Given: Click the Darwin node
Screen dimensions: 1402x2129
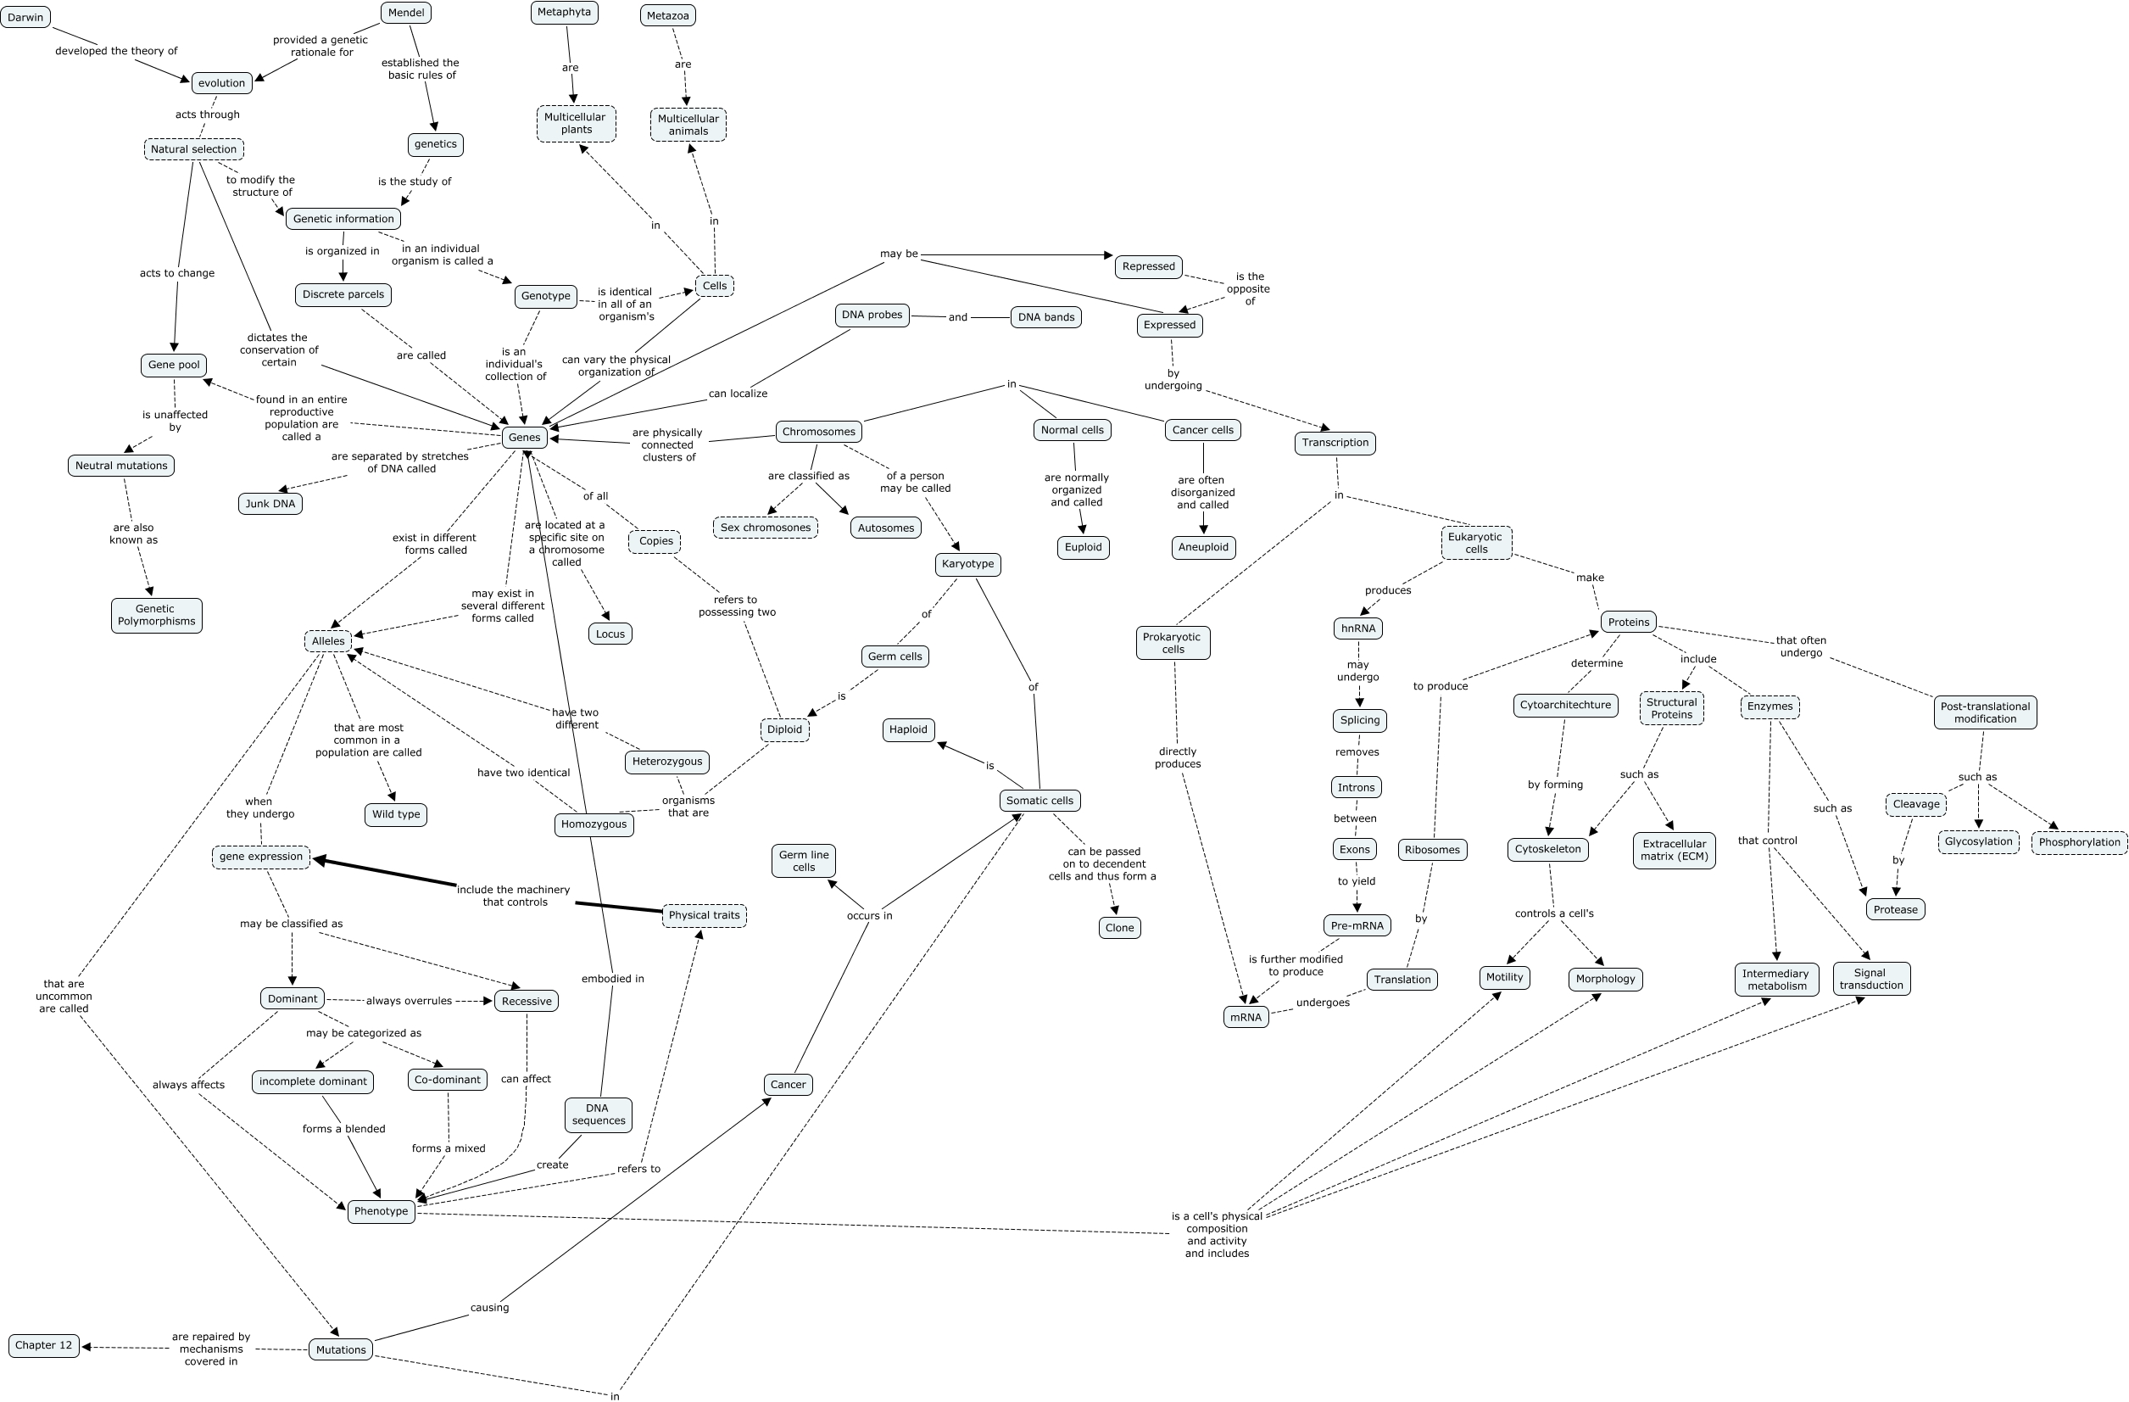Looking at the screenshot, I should [x=25, y=17].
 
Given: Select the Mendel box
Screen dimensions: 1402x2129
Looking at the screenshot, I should [x=406, y=13].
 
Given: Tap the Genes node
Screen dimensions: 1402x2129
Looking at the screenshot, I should [x=524, y=438].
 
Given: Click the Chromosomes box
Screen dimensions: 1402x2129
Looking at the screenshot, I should [x=818, y=431].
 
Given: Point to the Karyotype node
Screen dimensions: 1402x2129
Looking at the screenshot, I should [x=968, y=564].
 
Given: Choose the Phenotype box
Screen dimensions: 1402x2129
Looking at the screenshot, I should [x=381, y=1211].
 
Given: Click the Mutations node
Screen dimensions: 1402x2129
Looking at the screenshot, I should [x=341, y=1350].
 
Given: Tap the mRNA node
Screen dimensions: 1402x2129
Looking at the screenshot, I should [x=1246, y=1017].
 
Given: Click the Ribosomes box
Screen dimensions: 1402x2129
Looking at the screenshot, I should [x=1431, y=850].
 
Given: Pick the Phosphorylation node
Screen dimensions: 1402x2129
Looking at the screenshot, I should [x=2079, y=842].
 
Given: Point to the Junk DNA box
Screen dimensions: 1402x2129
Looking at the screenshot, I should [x=270, y=504].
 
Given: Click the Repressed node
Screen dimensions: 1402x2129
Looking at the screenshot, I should [x=1149, y=266].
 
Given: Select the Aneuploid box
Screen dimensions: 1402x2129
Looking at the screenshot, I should [x=1203, y=548].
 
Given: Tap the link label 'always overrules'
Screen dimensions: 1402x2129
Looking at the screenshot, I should [x=409, y=1001].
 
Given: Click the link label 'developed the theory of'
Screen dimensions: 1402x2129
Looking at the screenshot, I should [x=116, y=51].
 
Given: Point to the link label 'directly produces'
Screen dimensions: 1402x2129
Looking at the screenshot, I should [x=1177, y=757].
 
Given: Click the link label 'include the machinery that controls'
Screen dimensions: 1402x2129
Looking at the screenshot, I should [x=514, y=896].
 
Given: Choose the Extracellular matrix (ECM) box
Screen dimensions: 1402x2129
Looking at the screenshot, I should [x=1674, y=850].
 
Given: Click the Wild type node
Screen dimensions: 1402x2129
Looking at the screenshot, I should [x=395, y=814].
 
